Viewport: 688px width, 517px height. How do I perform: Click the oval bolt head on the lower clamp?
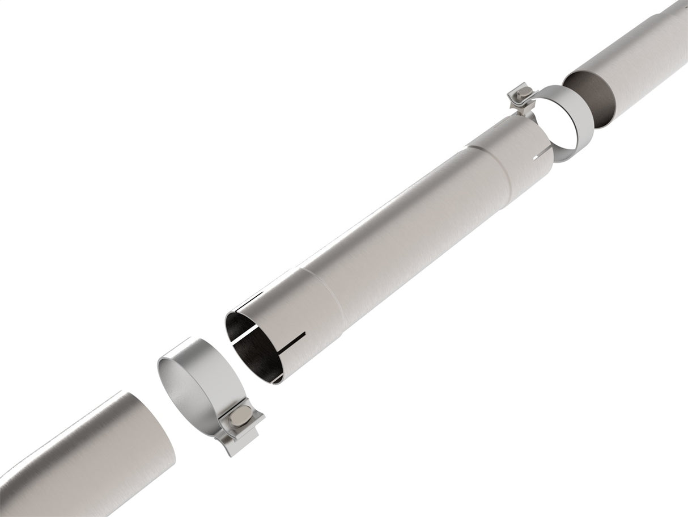pyautogui.click(x=240, y=418)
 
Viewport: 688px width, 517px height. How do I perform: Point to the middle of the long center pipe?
pyautogui.click(x=397, y=227)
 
